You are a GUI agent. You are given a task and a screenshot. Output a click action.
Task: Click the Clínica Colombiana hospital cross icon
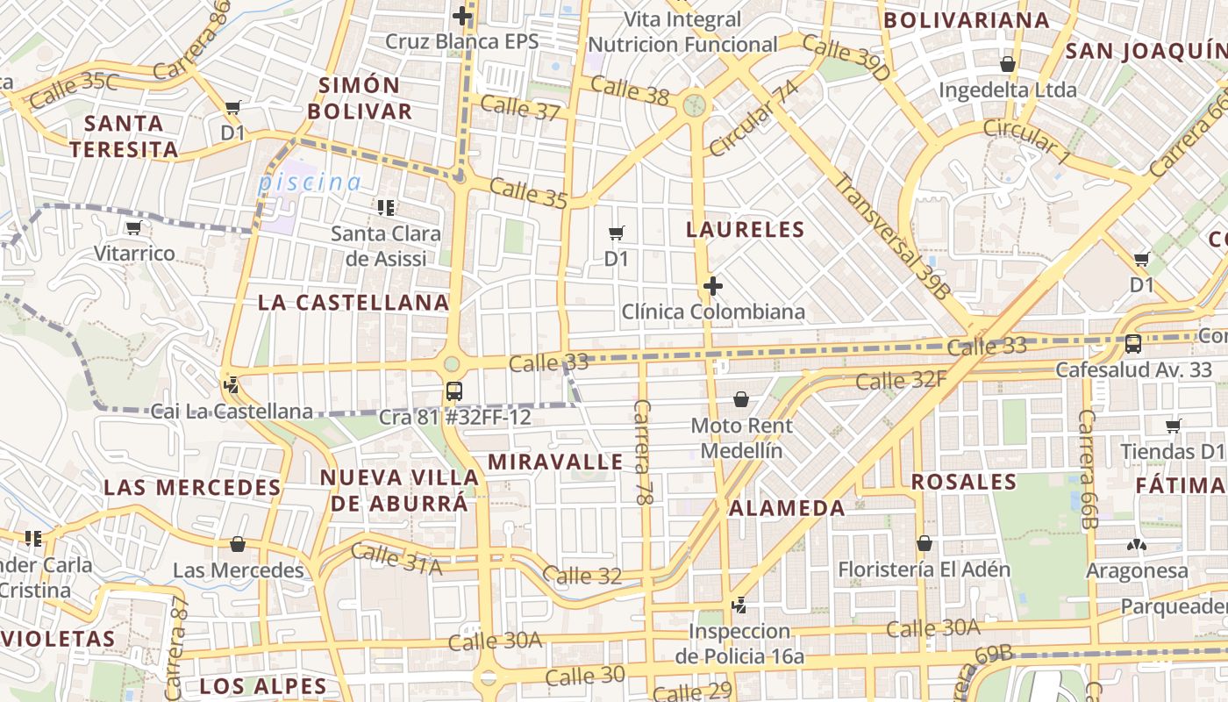tap(713, 286)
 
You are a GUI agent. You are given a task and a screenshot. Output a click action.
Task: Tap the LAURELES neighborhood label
tap(746, 230)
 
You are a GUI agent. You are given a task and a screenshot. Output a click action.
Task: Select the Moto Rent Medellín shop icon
tap(741, 400)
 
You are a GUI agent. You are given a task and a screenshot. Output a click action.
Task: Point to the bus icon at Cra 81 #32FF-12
tap(453, 391)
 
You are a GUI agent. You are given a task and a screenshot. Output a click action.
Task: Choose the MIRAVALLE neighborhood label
tap(555, 462)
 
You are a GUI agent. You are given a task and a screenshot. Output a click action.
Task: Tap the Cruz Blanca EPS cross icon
tap(462, 16)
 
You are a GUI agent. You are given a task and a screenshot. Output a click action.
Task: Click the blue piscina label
tap(309, 183)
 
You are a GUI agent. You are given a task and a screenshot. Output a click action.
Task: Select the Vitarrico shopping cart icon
tap(133, 228)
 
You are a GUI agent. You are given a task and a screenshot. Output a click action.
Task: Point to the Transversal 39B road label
tap(890, 237)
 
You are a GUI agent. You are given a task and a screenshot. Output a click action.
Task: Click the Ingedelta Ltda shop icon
tap(1008, 64)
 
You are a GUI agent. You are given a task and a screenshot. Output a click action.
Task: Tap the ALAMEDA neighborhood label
tap(787, 507)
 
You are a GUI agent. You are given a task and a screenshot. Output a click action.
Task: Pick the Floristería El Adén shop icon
tap(924, 543)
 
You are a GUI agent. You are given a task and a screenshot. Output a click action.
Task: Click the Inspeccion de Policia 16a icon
tap(739, 605)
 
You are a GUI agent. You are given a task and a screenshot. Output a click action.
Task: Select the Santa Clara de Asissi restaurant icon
tap(385, 208)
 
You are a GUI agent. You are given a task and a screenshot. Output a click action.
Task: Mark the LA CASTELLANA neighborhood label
tap(353, 303)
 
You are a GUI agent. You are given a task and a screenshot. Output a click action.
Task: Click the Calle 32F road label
tap(901, 381)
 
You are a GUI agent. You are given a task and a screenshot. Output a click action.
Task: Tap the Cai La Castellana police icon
tap(232, 384)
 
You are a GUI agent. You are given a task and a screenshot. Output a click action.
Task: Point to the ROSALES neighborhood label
tap(963, 482)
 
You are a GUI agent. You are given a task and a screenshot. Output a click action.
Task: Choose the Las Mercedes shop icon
tap(237, 544)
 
